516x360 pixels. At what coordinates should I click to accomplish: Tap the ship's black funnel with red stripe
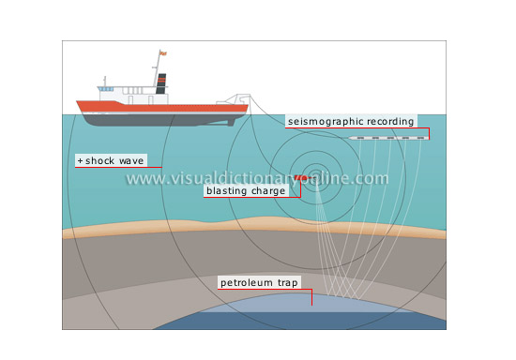[x=161, y=84]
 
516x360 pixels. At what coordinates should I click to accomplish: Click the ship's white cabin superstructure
[x=127, y=96]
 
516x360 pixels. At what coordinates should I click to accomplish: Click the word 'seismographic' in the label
[x=321, y=121]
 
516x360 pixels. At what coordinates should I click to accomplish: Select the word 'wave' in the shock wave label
[x=138, y=160]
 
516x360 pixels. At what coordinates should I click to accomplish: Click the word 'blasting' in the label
[x=229, y=190]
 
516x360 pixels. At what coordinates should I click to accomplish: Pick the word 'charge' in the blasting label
[x=273, y=190]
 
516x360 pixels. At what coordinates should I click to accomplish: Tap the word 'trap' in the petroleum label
[x=291, y=282]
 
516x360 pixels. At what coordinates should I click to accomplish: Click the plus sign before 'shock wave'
[x=80, y=160]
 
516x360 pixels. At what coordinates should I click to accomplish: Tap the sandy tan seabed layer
[x=141, y=231]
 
